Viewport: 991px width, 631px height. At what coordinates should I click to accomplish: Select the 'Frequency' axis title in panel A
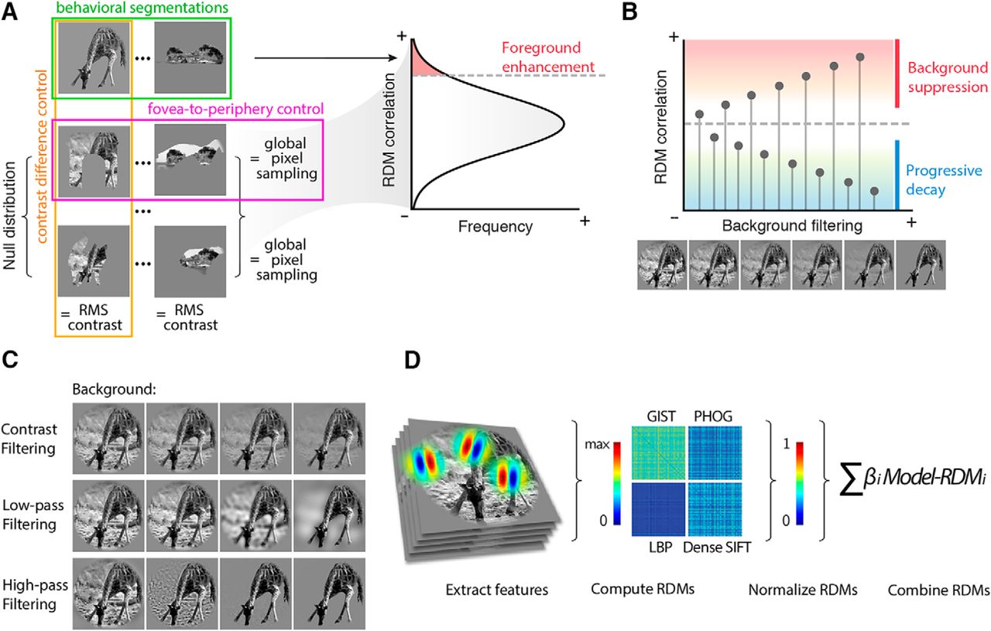(x=495, y=228)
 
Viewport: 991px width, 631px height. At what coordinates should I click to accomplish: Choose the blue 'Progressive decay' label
(x=944, y=180)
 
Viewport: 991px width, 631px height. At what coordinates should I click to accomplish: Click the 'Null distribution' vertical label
(x=11, y=225)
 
